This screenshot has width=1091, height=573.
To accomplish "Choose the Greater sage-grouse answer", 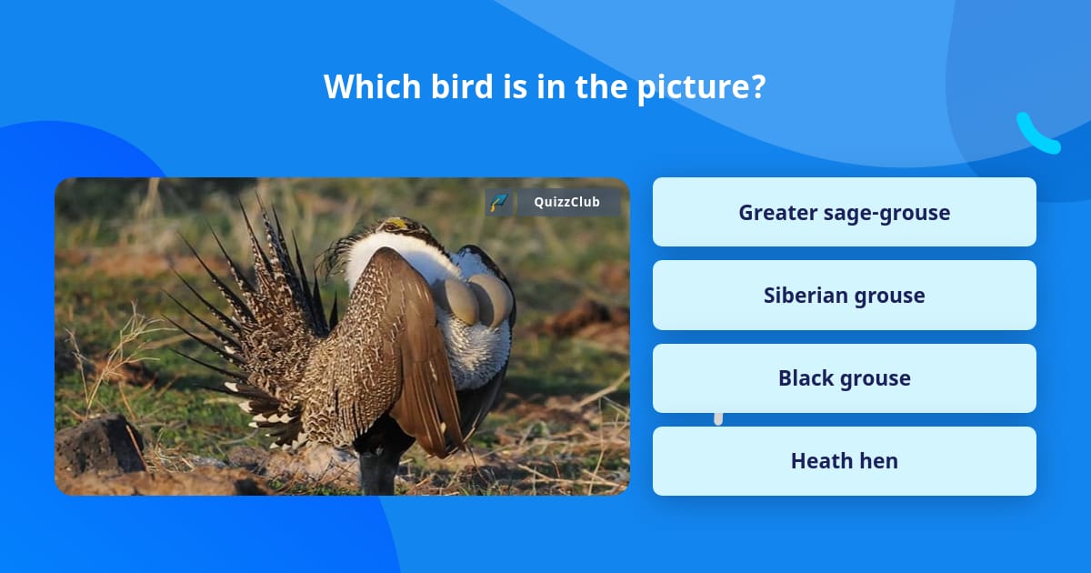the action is click(x=844, y=212).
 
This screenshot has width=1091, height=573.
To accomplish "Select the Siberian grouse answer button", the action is click(x=844, y=296).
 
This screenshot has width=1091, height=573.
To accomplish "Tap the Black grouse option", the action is click(x=844, y=378).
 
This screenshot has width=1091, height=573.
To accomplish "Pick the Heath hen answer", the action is click(x=844, y=461).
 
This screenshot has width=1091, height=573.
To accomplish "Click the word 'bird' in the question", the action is click(x=462, y=86).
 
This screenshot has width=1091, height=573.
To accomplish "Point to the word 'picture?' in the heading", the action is click(x=701, y=87).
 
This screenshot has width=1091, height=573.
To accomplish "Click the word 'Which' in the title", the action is click(x=372, y=86).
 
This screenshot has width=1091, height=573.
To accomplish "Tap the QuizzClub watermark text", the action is click(x=567, y=202).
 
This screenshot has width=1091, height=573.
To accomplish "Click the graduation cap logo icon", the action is click(x=498, y=202).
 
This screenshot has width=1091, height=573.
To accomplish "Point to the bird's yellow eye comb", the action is click(x=397, y=224).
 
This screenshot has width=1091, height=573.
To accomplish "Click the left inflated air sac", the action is click(x=456, y=301).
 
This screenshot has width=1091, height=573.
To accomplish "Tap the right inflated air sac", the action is click(x=492, y=299).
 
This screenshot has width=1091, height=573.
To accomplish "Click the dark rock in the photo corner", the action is click(x=101, y=445).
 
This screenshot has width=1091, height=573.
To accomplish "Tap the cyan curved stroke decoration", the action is click(x=1036, y=134).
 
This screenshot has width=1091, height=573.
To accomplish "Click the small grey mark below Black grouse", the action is click(x=718, y=419).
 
